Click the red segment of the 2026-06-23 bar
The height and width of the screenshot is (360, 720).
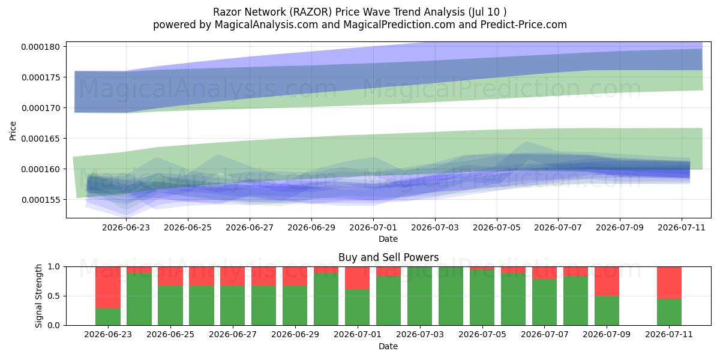(x=108, y=287)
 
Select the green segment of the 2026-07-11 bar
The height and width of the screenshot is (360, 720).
(x=669, y=312)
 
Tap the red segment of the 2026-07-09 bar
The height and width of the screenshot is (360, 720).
(x=607, y=281)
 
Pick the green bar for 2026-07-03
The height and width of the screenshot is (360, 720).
(x=420, y=296)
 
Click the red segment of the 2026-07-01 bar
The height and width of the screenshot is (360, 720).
(x=358, y=278)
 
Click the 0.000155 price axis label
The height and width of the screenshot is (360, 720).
(x=41, y=200)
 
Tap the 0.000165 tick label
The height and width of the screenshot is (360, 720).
(x=41, y=139)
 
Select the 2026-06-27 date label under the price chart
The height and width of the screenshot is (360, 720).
(x=250, y=227)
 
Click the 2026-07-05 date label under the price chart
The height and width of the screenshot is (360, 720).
(x=497, y=227)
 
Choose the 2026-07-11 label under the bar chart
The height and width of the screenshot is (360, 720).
(x=669, y=334)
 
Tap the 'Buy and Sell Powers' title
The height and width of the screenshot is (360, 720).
(x=388, y=257)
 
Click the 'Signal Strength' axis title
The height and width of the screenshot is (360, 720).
(x=38, y=296)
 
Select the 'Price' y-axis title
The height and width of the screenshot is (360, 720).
(x=13, y=131)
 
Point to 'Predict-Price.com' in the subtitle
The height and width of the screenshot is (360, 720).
(x=524, y=25)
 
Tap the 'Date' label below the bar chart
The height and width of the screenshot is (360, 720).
(x=388, y=346)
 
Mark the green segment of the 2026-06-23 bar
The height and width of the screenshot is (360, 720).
(x=108, y=317)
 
